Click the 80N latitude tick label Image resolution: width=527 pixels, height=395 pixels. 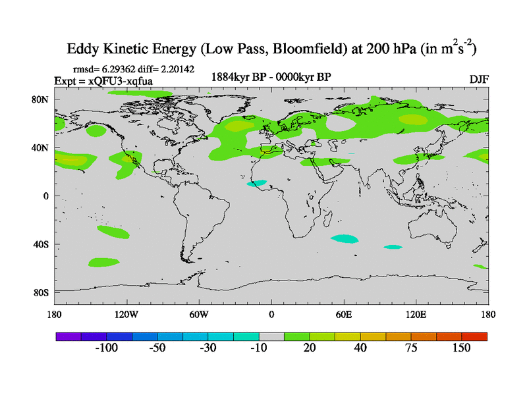[41, 99]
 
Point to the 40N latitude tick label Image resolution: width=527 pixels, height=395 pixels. [41, 148]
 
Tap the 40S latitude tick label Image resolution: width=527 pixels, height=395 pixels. [41, 244]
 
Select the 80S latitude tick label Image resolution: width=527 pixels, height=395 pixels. [41, 292]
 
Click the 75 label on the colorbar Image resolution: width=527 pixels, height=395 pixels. [410, 348]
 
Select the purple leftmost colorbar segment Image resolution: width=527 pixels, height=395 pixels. [68, 336]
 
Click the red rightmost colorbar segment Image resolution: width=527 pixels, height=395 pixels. [474, 336]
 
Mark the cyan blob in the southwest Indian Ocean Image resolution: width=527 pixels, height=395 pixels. [346, 239]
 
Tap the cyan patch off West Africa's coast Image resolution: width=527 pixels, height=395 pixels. [257, 183]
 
